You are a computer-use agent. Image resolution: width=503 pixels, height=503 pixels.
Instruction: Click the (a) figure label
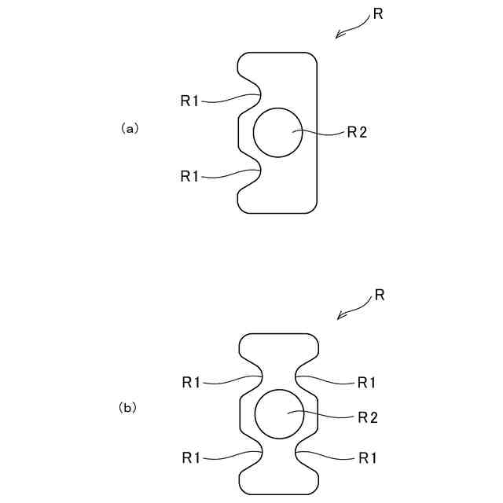[130, 127]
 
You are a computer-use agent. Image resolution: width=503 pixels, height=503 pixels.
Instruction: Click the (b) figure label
[128, 408]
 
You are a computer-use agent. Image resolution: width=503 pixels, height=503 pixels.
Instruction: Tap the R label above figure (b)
[379, 296]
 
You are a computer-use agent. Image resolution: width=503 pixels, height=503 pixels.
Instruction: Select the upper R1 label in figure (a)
[189, 101]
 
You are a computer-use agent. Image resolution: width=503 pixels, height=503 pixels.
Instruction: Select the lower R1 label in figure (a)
[189, 176]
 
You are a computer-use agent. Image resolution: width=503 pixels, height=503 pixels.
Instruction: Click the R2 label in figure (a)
[357, 132]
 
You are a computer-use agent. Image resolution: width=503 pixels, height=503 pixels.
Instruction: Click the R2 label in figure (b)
[368, 417]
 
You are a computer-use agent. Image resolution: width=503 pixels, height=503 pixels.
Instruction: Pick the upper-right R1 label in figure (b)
[366, 383]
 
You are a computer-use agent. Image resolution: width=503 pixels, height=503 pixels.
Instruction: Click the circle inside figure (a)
[277, 131]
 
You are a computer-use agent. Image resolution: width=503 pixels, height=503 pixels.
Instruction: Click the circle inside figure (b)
[281, 413]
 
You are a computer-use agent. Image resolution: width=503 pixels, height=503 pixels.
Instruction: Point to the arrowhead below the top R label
[339, 35]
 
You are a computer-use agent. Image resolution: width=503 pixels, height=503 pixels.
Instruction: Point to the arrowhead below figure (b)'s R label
[340, 317]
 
